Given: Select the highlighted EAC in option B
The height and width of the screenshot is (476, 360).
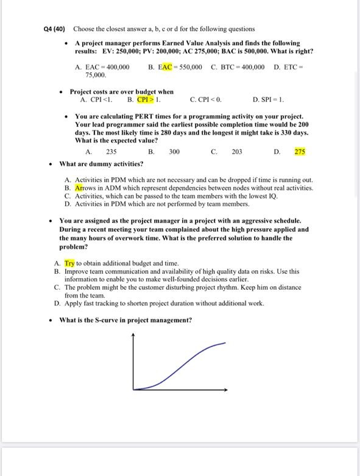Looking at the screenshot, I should click(x=164, y=67).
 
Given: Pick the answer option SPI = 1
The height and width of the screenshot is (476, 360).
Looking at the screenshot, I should click(x=272, y=99).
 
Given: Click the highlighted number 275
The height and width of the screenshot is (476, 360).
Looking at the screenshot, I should click(x=300, y=152).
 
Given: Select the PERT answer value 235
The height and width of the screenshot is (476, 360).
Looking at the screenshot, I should click(x=111, y=152).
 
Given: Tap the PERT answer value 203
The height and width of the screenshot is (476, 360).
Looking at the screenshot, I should click(x=237, y=152).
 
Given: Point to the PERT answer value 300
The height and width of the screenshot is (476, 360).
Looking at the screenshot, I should click(x=174, y=152).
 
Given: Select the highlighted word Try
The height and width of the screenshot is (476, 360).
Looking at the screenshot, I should click(x=69, y=263).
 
